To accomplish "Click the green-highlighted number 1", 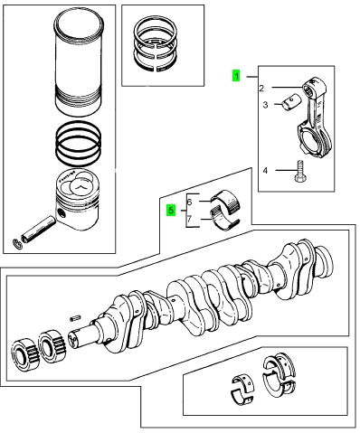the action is coord(236,76).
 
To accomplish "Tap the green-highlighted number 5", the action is coord(171,210).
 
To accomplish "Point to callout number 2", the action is coord(261,89).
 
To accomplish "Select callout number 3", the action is coord(265,105).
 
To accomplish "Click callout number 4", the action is coord(265,171).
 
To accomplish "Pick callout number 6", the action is coord(189,202).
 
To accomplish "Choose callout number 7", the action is coord(189,219).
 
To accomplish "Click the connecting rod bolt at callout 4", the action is coord(300,171).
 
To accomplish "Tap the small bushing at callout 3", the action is coord(291,102).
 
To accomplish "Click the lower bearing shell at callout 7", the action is coord(224,220).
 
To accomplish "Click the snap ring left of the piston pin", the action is coord(17,244).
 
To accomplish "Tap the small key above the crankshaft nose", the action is coord(75,317).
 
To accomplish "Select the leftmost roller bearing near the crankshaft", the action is coord(25,353).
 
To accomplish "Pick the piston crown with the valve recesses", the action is coord(78,185).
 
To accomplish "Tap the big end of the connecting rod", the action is coord(313,137).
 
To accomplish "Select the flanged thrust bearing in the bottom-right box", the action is coord(279,375).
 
